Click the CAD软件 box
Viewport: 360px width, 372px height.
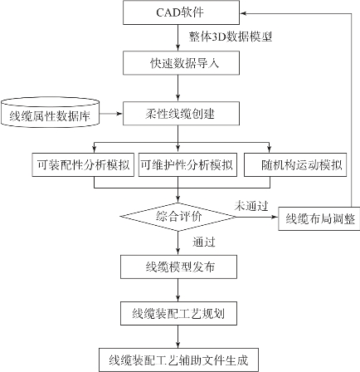(181, 12)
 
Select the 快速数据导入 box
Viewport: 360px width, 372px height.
(181, 63)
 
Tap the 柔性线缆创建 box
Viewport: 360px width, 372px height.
(181, 114)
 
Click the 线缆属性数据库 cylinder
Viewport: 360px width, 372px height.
(50, 113)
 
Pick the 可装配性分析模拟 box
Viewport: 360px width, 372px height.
(83, 164)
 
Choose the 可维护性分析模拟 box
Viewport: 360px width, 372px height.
(187, 164)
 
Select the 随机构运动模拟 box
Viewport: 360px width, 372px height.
(295, 164)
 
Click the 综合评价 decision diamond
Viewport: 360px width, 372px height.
(178, 217)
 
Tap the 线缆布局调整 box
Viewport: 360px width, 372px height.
(319, 218)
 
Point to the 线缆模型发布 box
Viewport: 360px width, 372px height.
(178, 267)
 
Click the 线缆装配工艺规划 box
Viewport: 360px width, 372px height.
(178, 313)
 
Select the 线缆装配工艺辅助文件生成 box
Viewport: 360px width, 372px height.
(178, 360)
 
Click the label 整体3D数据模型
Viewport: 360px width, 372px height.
(231, 37)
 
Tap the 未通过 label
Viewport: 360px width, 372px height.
(251, 206)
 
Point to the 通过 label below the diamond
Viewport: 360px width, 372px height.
(204, 242)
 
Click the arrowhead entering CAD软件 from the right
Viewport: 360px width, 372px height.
(243, 13)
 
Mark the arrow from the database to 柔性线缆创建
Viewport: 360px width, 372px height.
(111, 114)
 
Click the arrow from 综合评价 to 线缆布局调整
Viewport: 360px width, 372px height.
(257, 217)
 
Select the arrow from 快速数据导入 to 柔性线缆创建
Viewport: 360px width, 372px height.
(178, 88)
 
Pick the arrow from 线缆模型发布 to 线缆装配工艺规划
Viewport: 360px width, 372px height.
(178, 290)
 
